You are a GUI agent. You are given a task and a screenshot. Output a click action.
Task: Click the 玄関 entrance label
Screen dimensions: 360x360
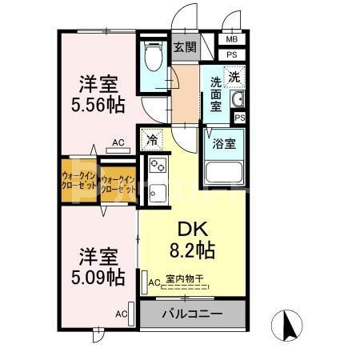[186, 47]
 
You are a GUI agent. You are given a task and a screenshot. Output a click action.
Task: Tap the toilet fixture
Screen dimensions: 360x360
[152, 58]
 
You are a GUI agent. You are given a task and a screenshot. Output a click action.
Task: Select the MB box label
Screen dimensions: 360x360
[232, 39]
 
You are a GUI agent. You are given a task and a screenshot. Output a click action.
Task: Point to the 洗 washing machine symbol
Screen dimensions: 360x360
[234, 77]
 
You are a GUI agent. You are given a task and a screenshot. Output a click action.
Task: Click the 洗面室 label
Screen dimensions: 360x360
[217, 94]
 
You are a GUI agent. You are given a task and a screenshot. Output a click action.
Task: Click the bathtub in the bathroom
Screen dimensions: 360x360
[225, 172]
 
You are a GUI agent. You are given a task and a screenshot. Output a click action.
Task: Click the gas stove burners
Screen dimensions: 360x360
[157, 169]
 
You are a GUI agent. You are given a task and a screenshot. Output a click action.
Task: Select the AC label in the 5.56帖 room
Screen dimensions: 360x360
[118, 143]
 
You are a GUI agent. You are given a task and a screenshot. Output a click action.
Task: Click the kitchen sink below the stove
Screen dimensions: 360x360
[157, 192]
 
